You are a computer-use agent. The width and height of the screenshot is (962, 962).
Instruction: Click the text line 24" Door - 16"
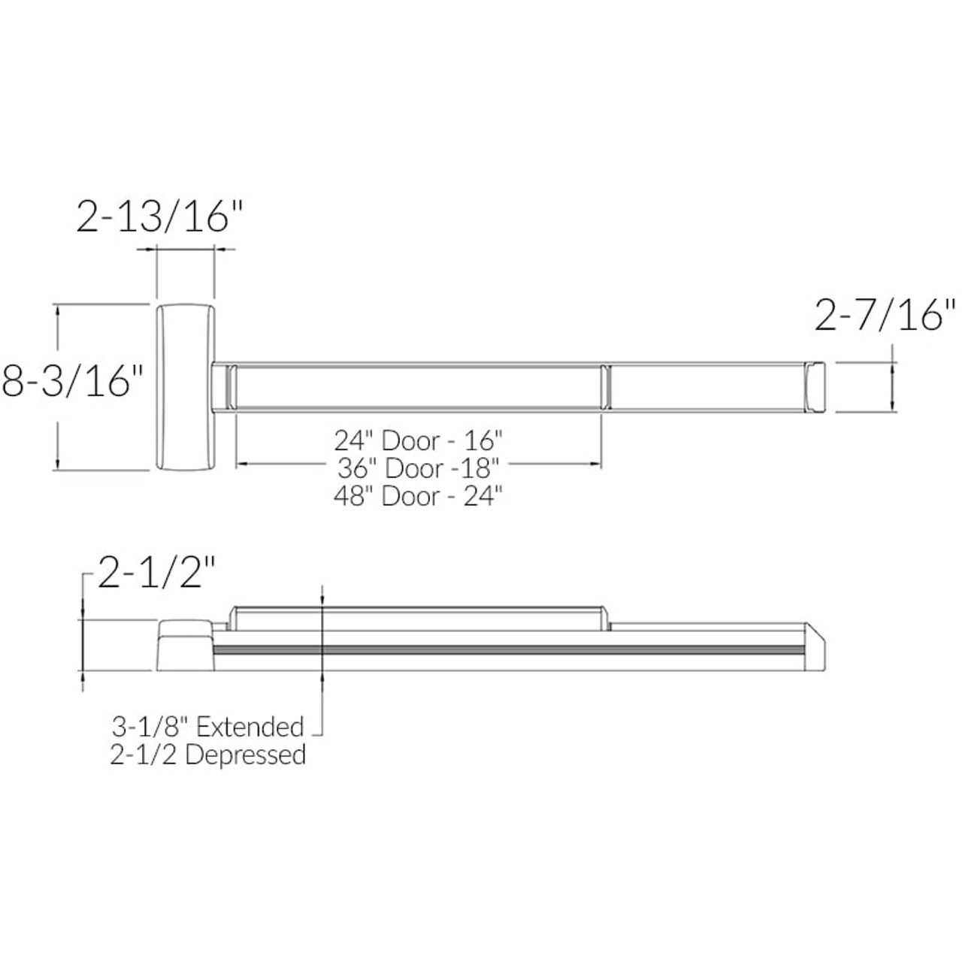coord(419,440)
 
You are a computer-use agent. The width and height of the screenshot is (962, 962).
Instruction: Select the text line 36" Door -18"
coord(419,468)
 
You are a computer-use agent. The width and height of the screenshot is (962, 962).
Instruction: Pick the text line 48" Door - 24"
coord(419,497)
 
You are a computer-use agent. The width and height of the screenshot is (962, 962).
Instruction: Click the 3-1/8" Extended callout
coord(207,727)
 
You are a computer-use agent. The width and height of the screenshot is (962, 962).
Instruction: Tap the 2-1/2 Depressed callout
coord(207,755)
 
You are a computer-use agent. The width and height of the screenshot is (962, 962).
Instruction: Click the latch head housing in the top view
coord(186,388)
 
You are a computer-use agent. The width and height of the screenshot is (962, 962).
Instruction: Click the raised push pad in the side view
coord(419,617)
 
